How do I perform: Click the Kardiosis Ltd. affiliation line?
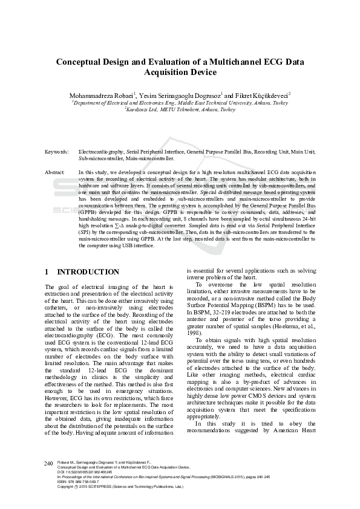pos(180,109)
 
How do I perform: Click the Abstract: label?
pos(55,172)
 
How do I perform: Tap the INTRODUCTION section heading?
pos(88,272)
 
